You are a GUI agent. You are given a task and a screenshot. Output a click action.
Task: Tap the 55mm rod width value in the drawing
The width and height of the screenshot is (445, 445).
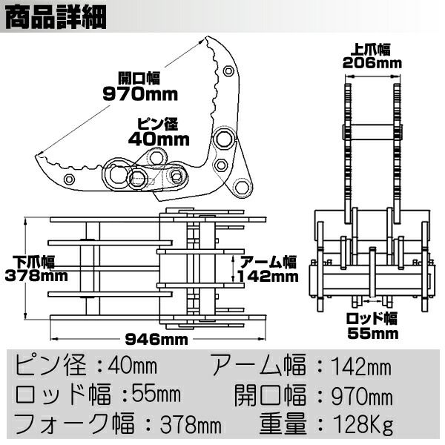(x=372, y=333)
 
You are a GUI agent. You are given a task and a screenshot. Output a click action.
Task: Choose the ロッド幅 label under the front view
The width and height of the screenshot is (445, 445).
(x=372, y=319)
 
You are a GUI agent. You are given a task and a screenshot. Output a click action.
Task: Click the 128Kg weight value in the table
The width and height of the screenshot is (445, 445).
(x=363, y=425)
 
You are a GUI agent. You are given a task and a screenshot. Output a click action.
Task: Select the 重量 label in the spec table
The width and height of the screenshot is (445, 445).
(x=284, y=425)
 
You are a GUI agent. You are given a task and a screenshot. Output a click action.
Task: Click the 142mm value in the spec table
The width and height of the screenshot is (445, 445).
(x=361, y=365)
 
